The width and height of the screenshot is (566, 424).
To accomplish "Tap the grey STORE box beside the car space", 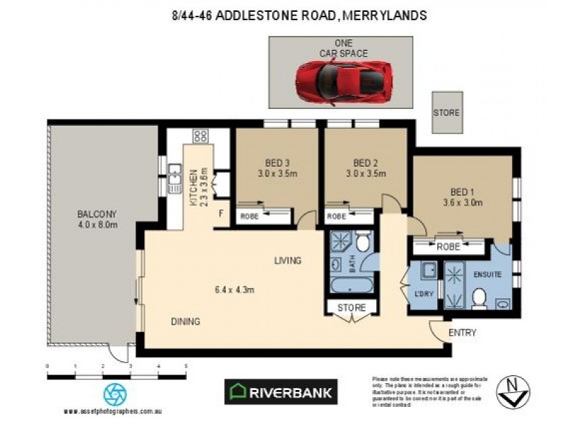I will (x=446, y=112).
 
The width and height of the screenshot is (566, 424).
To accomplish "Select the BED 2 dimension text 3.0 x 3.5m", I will (x=366, y=172).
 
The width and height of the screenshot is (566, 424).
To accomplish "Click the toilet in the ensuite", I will (x=478, y=298).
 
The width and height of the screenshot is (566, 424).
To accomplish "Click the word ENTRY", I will (x=463, y=333).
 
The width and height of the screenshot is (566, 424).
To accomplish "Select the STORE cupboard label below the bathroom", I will (x=351, y=308).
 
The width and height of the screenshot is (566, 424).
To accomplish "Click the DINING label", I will (x=185, y=322).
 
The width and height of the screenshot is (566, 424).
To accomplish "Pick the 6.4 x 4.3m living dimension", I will (x=234, y=289).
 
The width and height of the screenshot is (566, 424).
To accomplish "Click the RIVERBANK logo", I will (x=281, y=391).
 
